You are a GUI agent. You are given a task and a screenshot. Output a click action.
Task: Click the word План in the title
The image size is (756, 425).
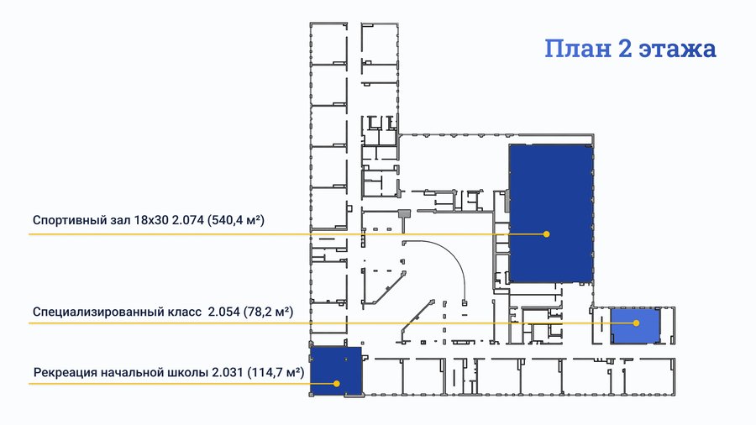point(578,49)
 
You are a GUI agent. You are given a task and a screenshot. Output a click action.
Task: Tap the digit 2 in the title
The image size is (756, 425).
point(625,48)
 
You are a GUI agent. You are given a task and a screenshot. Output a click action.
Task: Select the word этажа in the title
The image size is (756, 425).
point(678,50)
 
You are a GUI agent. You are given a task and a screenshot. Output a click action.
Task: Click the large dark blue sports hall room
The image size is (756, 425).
point(551,213)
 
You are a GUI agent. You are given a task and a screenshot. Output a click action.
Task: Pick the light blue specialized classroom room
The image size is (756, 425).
point(636,326)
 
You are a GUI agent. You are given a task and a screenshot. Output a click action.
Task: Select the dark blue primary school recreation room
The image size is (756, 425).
point(335,371)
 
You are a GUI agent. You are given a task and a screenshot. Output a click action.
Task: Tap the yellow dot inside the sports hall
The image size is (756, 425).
point(546,234)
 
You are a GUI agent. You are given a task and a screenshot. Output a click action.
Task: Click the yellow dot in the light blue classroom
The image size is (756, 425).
point(636,323)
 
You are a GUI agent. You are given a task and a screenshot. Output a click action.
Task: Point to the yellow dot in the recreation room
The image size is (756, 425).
point(337,384)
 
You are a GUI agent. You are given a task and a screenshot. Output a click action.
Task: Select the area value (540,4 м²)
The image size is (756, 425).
point(236,220)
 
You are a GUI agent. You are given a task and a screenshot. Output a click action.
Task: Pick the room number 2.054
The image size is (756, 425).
point(223,312)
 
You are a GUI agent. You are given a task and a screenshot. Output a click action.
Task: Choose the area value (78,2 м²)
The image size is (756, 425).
point(268,312)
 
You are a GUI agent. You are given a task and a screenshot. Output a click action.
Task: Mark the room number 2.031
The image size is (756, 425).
point(227,372)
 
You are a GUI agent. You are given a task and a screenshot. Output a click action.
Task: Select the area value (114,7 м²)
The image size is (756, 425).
point(276,372)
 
